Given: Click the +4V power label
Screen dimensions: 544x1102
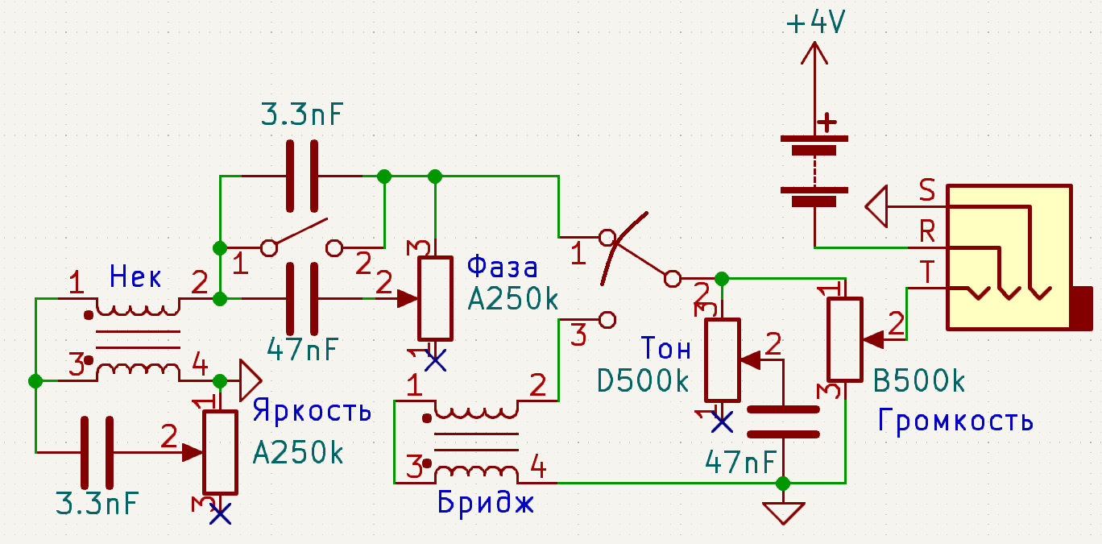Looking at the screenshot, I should (815, 24).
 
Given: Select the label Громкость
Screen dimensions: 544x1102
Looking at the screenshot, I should (955, 420).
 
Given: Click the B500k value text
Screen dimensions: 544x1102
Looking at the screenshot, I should (920, 380).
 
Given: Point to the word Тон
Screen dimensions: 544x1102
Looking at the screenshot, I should (665, 348).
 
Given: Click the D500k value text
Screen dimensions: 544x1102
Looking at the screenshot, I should (644, 380).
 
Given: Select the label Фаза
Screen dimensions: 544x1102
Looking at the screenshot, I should (502, 266).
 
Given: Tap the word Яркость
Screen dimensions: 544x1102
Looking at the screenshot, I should (312, 411).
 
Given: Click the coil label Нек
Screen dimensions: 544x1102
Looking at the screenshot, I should (135, 278).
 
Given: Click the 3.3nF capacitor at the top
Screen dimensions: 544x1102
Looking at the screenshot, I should (302, 175).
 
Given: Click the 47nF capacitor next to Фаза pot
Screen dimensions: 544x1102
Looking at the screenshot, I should (302, 298).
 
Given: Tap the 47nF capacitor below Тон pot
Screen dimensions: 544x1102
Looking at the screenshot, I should (782, 422).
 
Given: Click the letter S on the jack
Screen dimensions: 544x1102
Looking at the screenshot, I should (927, 191).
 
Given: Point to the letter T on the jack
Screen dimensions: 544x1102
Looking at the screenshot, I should (928, 274).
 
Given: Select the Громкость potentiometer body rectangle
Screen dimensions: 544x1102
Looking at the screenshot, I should (845, 339).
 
